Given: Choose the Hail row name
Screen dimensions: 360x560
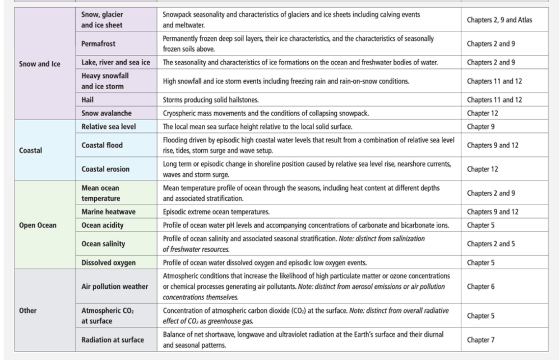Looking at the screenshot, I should [x=87, y=100].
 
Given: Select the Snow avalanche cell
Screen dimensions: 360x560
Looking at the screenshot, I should [x=107, y=113].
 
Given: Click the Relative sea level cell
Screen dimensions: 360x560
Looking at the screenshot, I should [x=109, y=126].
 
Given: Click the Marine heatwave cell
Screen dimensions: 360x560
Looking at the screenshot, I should [x=108, y=212].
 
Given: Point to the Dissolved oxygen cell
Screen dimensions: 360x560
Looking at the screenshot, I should [x=109, y=262].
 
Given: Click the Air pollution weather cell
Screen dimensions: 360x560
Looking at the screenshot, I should [x=115, y=287].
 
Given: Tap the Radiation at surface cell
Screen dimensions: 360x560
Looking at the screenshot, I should [x=113, y=339].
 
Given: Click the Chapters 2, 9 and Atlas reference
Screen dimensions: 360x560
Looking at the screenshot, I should [x=499, y=20].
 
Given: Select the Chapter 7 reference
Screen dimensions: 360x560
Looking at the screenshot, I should [x=480, y=339].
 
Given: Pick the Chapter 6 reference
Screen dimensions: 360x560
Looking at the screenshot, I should [x=480, y=287].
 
